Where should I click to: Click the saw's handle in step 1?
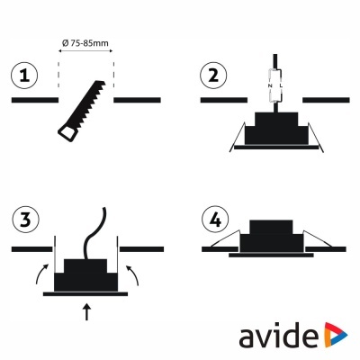68,133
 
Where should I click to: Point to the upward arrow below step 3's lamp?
87,313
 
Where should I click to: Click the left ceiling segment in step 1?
32,101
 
